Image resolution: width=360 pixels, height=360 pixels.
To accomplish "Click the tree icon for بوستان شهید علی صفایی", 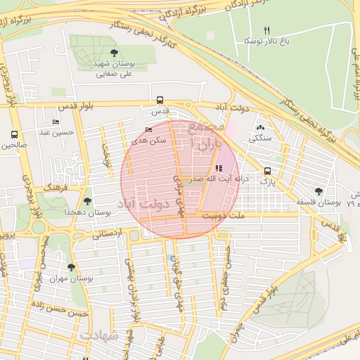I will pyautogui.click(x=115, y=53).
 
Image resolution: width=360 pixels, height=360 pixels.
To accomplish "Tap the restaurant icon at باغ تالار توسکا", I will pyautogui.click(x=266, y=30).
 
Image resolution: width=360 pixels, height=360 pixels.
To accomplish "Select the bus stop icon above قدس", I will pyautogui.click(x=160, y=101).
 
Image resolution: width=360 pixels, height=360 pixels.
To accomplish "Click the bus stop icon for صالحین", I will pyautogui.click(x=14, y=135).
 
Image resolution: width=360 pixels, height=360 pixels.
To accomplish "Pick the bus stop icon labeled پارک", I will pyautogui.click(x=266, y=171).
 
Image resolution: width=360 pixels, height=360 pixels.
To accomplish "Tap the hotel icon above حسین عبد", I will pyautogui.click(x=56, y=122).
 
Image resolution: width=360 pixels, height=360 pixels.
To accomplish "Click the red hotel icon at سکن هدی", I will pyautogui.click(x=148, y=130).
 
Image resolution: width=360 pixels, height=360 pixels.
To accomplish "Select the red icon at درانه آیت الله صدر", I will pyautogui.click(x=219, y=168).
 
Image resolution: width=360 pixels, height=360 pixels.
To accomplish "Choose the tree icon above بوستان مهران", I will pyautogui.click(x=70, y=267).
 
